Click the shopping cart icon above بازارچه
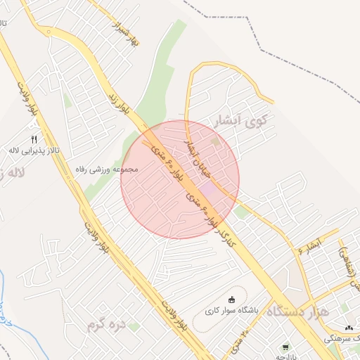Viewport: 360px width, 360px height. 285,347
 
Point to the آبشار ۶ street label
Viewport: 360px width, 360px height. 309,247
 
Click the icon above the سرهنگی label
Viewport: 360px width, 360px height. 349,328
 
